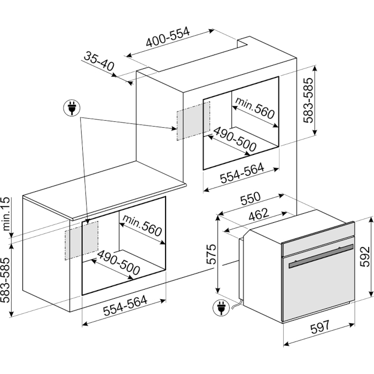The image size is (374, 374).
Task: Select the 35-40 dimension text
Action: point(99,63)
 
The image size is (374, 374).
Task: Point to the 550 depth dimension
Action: point(250,199)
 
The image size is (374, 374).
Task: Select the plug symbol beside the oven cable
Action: point(219,307)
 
